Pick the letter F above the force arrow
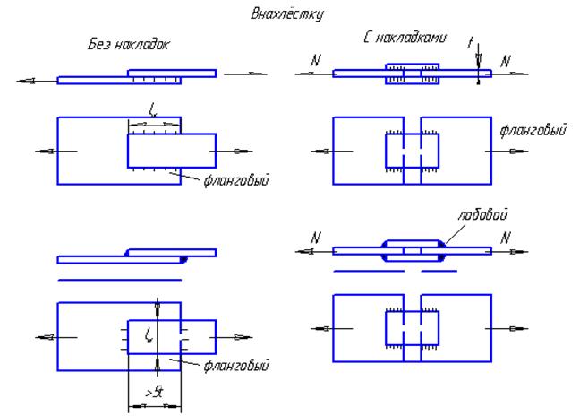point(472,42)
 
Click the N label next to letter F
point(506,61)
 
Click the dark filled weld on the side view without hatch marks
point(183,258)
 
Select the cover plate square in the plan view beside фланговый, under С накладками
point(412,151)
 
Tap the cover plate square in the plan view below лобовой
point(412,330)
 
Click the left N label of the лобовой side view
point(314,238)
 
